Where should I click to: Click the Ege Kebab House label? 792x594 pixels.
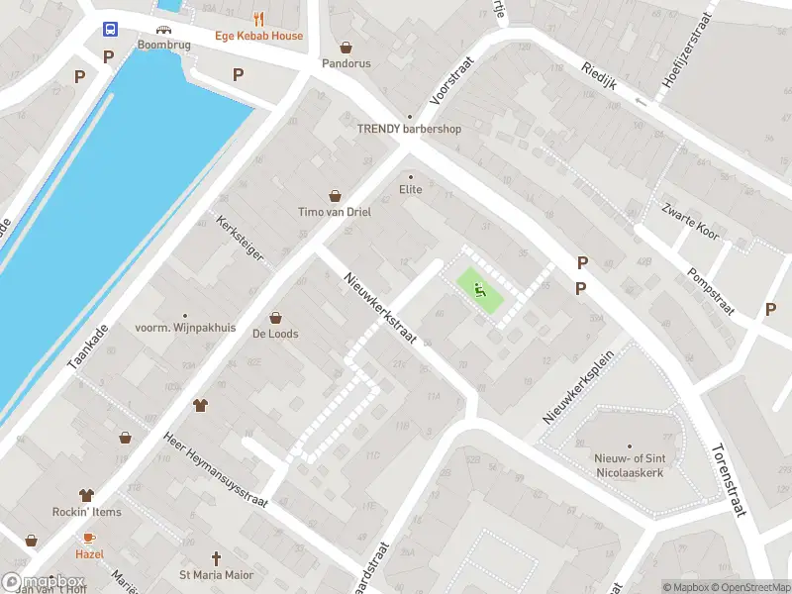tap(259, 36)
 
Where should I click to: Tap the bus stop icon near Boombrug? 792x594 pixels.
tap(110, 30)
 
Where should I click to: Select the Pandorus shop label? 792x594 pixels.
tap(346, 62)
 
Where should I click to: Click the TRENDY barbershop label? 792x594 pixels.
tap(409, 129)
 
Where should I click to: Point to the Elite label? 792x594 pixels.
tap(410, 189)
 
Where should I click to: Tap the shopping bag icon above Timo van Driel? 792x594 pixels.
tap(335, 195)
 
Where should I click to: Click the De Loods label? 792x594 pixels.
tap(275, 334)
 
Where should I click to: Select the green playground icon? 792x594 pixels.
tap(480, 290)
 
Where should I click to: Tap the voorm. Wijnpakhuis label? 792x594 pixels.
tap(186, 327)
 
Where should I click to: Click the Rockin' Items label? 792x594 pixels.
tap(87, 512)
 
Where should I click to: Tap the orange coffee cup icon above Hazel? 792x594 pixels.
tap(88, 538)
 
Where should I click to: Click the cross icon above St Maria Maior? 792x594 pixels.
tap(216, 558)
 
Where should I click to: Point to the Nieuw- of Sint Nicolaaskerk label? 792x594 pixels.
tap(628, 464)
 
